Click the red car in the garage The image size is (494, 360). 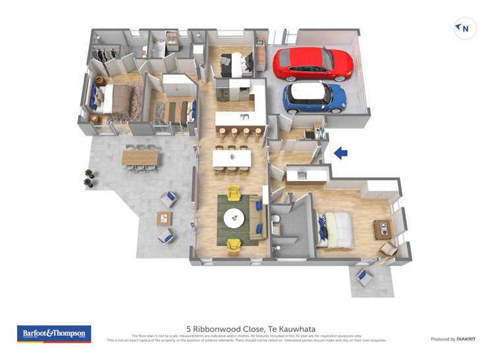tap(313, 63)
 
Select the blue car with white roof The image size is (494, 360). tap(315, 97)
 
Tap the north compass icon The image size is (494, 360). tap(465, 29)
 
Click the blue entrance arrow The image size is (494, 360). tap(341, 153)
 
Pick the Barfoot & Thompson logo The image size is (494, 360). tap(54, 334)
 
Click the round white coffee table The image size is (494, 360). tap(234, 217)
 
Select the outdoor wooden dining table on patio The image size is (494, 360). tap(140, 157)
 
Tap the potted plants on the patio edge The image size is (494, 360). tap(89, 178)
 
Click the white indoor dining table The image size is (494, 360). tap(231, 158)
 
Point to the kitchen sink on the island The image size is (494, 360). tap(244, 117)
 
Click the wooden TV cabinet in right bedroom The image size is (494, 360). tap(381, 228)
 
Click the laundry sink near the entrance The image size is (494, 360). tap(301, 174)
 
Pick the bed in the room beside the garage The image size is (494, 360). tap(236, 64)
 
